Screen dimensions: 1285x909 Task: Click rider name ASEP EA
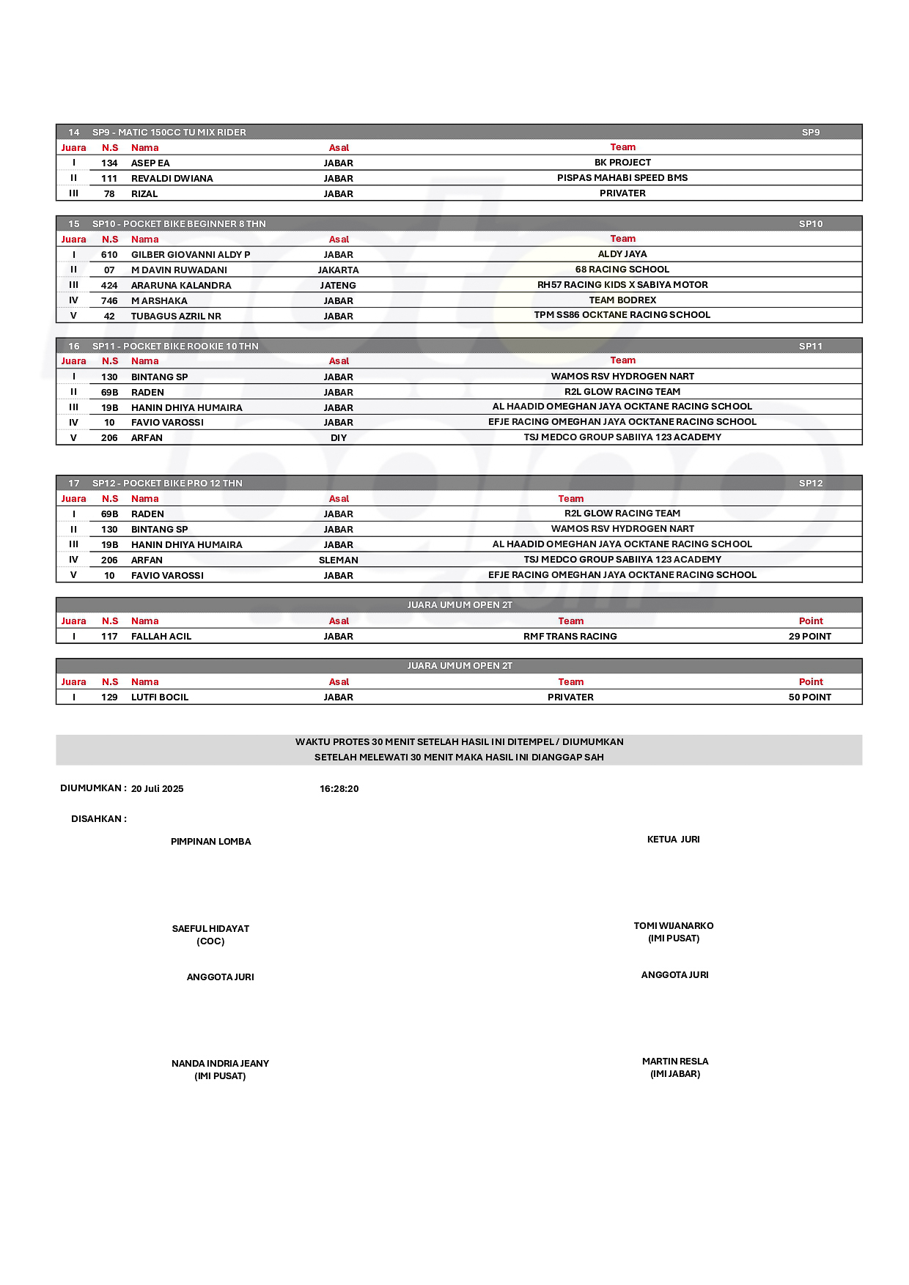[150, 163]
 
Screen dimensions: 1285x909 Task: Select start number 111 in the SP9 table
[109, 179]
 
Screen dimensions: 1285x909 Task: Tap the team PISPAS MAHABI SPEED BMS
[622, 178]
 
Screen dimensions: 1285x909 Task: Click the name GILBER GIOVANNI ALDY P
[191, 255]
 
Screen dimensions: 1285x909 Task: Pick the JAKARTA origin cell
[339, 270]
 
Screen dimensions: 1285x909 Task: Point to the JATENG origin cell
[339, 286]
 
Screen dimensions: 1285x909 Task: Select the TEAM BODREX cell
[622, 300]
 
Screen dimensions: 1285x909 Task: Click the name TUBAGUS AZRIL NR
[176, 316]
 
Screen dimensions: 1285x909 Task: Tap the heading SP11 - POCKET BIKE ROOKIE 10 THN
[175, 347]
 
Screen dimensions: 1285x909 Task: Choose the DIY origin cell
[339, 438]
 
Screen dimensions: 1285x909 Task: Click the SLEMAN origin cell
[339, 560]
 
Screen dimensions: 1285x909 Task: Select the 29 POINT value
[810, 637]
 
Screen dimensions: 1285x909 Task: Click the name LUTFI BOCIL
[160, 697]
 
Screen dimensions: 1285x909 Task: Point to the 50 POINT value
[810, 697]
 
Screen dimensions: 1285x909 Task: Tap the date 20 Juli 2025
[158, 789]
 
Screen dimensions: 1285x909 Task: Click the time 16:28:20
[339, 789]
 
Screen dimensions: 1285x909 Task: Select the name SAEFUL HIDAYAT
[211, 929]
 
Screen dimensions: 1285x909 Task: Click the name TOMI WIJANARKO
[674, 926]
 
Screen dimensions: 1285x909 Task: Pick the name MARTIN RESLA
[675, 1062]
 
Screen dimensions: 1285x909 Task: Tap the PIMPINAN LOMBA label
[211, 842]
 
